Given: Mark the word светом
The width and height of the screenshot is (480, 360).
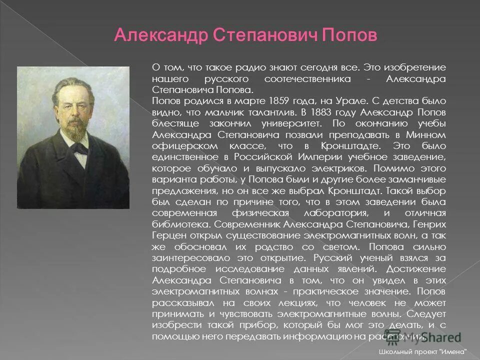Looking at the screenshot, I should pos(342,247).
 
